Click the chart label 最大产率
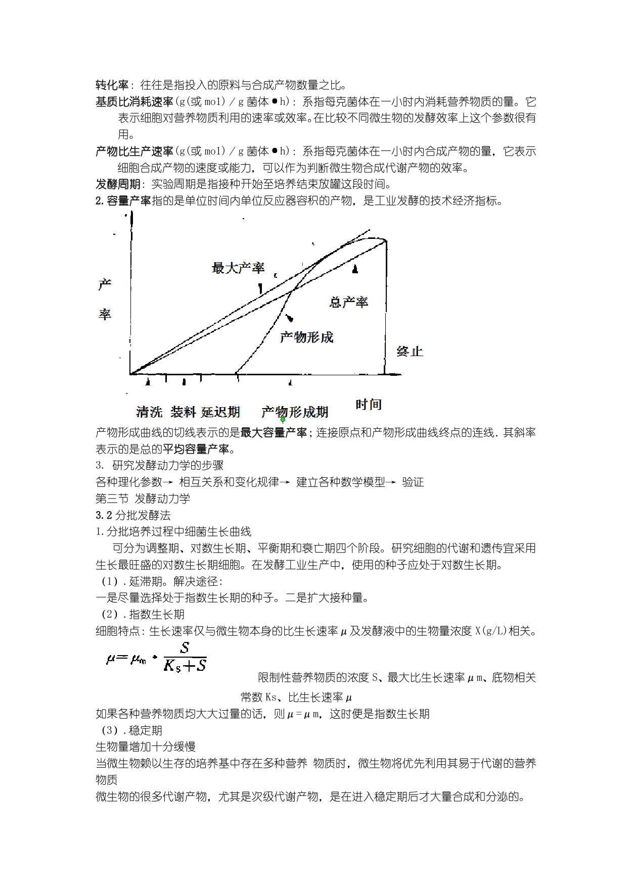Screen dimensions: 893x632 238,268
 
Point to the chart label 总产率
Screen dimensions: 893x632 349,302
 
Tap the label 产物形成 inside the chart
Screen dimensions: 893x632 307,337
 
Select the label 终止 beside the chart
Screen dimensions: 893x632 410,352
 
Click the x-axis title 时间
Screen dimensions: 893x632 369,405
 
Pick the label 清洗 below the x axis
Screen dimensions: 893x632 149,412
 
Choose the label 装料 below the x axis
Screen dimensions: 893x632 183,412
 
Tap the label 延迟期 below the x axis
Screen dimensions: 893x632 220,412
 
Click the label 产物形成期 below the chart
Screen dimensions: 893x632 295,412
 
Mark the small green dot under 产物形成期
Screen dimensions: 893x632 283,420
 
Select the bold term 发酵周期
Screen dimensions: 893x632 118,184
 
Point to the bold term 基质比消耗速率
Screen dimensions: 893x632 134,102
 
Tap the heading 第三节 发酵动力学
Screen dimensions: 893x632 143,499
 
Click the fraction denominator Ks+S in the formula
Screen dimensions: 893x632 185,666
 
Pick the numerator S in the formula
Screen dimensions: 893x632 185,648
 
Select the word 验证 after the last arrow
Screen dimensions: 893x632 413,482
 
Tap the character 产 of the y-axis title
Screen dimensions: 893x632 105,284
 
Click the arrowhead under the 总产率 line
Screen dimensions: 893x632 355,269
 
